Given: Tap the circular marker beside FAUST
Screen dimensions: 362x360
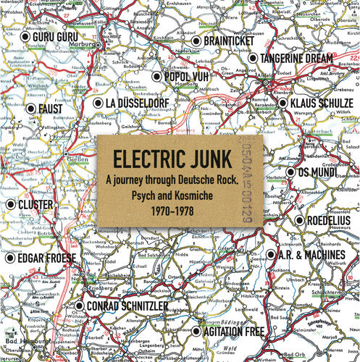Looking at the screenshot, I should click(x=30, y=109).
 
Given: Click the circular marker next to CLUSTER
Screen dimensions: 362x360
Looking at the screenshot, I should click(x=11, y=205).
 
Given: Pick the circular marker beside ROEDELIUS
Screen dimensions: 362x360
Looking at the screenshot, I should click(x=299, y=221).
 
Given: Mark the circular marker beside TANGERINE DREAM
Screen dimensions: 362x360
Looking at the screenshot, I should click(x=253, y=58).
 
